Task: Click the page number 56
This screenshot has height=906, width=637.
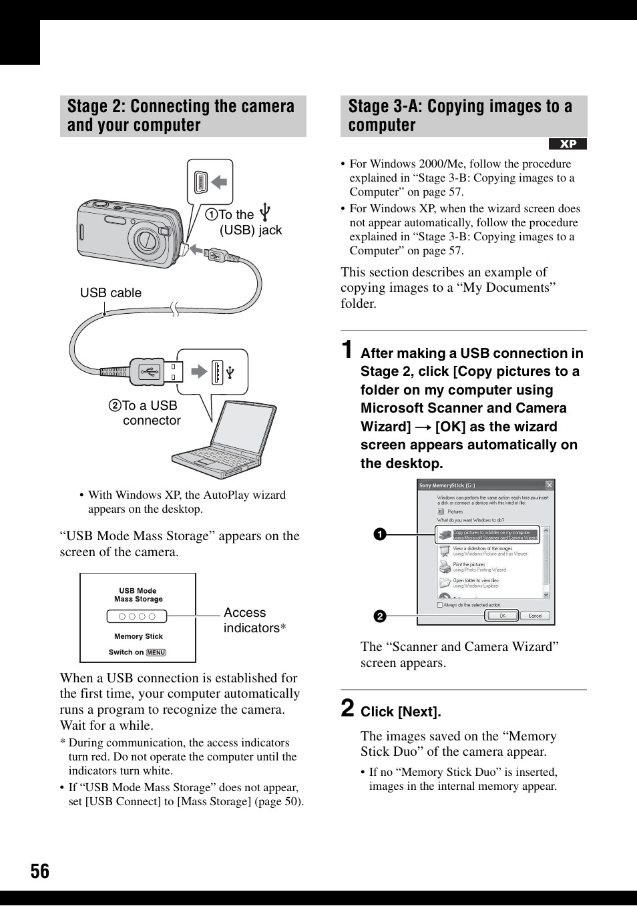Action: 39,871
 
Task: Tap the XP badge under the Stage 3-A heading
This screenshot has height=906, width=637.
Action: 568,144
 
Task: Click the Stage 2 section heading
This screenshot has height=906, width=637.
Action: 182,116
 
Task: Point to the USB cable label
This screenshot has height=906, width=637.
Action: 111,293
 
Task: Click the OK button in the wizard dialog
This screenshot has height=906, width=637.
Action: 501,616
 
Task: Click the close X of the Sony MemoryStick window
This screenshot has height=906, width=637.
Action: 549,485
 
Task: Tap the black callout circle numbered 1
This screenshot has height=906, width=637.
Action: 379,534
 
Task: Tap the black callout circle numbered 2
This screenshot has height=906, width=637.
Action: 379,616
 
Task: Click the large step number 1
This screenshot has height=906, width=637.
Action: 347,350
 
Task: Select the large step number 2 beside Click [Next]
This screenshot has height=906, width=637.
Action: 347,708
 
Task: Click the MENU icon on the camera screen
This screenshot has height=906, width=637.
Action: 156,652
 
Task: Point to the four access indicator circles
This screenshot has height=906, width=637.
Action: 138,616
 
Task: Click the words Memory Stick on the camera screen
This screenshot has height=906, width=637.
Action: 138,636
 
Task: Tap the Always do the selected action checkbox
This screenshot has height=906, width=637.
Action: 439,605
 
